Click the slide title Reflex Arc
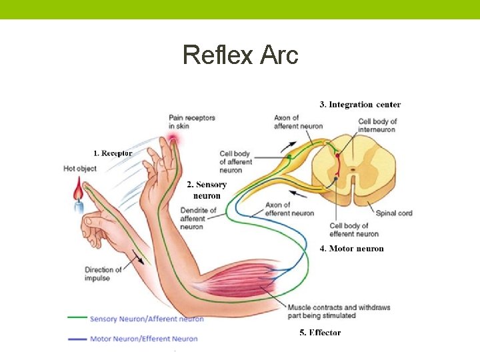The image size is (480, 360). tap(240, 55)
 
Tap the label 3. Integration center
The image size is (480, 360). tap(360, 104)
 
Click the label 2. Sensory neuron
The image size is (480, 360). tap(207, 190)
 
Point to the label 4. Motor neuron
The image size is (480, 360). tap(351, 249)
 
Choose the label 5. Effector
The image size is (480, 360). tap(320, 332)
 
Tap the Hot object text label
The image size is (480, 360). tap(80, 169)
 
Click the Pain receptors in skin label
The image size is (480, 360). tap(192, 121)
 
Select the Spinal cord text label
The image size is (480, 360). tap(393, 213)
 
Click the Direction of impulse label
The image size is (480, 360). tap(103, 274)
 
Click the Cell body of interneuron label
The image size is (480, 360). tap(377, 125)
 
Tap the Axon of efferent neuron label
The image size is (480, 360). tap(289, 209)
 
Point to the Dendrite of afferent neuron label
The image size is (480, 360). tap(198, 219)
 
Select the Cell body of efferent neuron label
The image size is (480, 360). tap(353, 230)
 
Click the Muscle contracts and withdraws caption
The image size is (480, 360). tap(339, 311)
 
